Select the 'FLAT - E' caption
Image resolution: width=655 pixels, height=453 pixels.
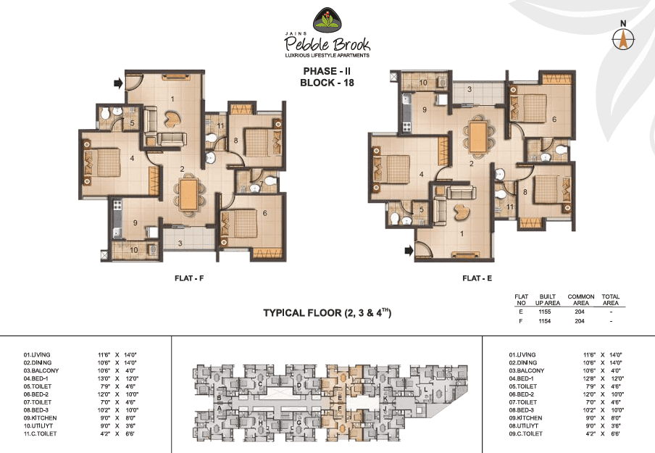[x=475, y=278]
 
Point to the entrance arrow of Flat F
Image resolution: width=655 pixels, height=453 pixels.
[x=118, y=84]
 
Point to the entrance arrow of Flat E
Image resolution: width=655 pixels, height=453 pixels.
[x=409, y=251]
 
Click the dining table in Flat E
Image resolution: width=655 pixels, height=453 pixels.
[x=478, y=136]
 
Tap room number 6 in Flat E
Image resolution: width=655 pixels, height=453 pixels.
[x=554, y=120]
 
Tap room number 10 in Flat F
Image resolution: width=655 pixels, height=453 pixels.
[x=133, y=251]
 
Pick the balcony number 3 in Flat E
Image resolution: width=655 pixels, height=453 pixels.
[x=470, y=90]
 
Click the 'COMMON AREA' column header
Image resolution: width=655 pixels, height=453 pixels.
[x=581, y=299]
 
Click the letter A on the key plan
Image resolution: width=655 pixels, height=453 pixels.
[x=218, y=407]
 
